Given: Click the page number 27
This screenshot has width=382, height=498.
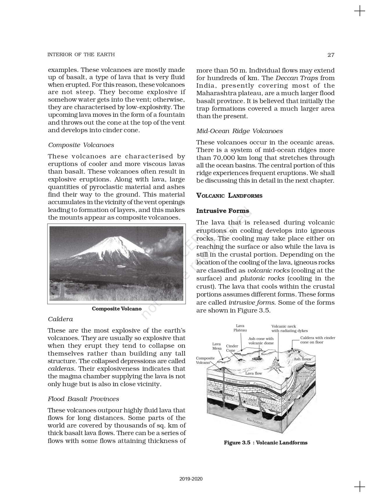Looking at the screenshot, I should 331,55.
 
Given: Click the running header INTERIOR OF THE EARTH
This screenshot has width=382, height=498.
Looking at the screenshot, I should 81,54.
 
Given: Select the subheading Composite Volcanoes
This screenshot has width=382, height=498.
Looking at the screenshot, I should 81,145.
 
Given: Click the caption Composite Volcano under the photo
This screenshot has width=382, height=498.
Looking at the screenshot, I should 117,309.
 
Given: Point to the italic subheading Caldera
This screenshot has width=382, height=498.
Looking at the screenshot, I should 60,319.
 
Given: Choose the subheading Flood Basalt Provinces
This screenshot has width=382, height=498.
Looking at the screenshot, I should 83,399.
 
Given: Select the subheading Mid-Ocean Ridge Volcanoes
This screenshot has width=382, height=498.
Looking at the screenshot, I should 239,131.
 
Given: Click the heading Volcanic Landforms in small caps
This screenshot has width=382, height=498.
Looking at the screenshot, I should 229,196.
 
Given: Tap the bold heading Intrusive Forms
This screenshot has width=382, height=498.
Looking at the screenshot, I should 223,211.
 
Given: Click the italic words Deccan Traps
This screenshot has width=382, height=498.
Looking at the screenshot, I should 297,78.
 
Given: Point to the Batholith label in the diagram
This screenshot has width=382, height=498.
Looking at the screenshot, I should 255,421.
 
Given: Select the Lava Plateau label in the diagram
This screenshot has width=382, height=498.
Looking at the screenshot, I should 240,328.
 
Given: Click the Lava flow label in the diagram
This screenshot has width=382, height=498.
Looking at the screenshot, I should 253,373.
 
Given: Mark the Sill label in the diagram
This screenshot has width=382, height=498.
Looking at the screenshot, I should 216,389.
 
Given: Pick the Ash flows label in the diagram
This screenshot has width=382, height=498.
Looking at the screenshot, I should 302,359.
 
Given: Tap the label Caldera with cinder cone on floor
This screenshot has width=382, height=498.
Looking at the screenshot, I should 317,340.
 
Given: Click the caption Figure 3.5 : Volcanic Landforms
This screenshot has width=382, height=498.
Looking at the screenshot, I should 265,443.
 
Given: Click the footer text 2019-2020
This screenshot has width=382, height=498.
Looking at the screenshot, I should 191,479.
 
